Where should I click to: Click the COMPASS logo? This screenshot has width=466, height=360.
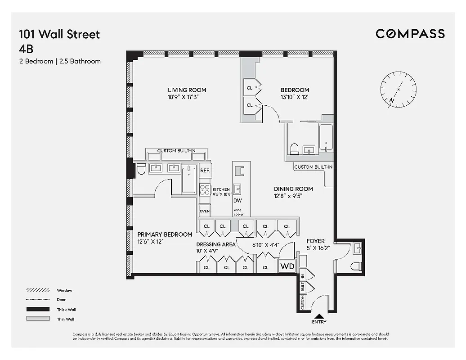[x=410, y=34]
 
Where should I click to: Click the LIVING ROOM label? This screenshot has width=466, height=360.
[x=187, y=90]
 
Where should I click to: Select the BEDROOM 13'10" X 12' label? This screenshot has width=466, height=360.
[x=295, y=90]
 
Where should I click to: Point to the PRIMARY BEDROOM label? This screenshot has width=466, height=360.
[x=165, y=234]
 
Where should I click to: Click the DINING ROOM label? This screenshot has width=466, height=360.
[x=293, y=189]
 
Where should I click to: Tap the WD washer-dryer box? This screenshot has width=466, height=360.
[x=287, y=266]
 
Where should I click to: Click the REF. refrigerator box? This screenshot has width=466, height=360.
[x=205, y=171]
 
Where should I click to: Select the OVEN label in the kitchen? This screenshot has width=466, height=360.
[x=205, y=211]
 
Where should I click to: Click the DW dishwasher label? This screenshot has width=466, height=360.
[x=237, y=201]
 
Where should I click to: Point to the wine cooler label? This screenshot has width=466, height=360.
[x=238, y=212]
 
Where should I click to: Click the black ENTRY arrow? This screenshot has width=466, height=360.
[x=318, y=316]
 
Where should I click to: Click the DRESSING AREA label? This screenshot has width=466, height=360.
[x=215, y=245]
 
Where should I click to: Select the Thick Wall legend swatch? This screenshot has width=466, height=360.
[x=38, y=309]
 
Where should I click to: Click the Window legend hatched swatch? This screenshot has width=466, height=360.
[x=38, y=290]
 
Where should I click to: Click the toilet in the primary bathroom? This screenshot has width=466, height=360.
[x=141, y=169]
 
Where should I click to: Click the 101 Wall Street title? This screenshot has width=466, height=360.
[x=59, y=34]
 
